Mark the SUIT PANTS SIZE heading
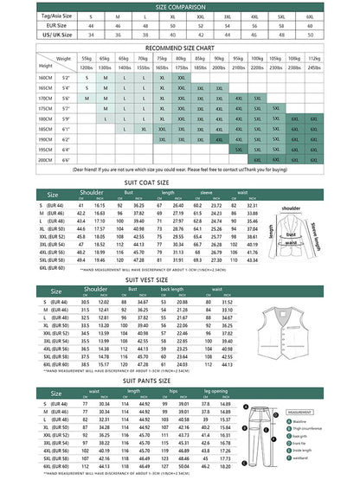tap(180, 378)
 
